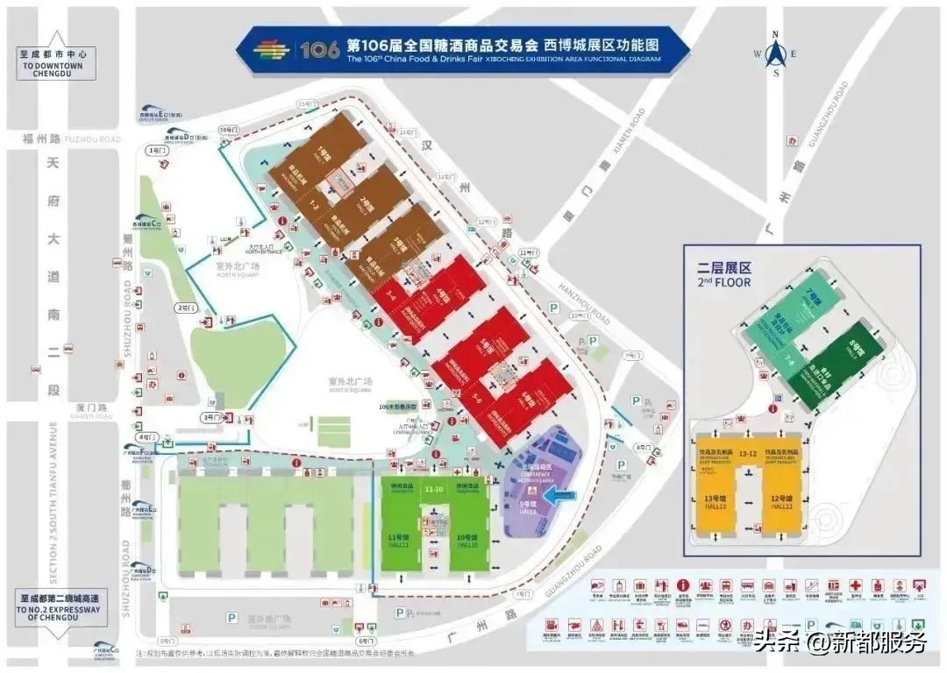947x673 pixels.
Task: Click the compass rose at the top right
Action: [x=775, y=54]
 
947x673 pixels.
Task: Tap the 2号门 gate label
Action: [x=185, y=308]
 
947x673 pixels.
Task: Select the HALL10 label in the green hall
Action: [x=467, y=544]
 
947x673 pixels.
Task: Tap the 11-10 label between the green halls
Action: [x=433, y=488]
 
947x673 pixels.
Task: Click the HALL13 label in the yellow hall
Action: [x=715, y=506]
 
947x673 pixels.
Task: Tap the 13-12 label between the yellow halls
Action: [x=748, y=454]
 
